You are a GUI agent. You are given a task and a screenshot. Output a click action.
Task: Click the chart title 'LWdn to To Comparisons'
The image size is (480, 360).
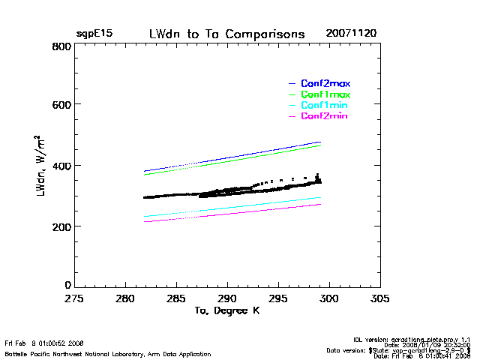[x=226, y=34]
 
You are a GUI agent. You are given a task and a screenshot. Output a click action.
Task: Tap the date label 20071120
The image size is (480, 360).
[x=351, y=34]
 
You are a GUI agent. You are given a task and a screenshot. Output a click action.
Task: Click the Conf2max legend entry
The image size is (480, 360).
[x=325, y=83]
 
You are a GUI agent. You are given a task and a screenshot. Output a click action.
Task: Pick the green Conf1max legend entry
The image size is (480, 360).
[x=325, y=94]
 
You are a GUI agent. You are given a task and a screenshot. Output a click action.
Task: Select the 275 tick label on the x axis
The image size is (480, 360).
[x=73, y=298]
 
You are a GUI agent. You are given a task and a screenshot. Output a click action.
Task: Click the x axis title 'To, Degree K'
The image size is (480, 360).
[x=226, y=310]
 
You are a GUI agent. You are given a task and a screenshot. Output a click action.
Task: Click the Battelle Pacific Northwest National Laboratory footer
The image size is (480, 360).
[x=108, y=353]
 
